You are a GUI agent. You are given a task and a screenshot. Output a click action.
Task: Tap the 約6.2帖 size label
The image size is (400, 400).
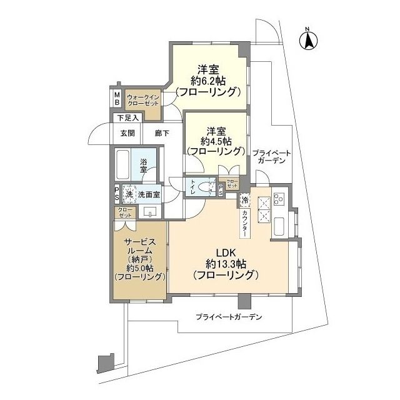[x=209, y=80]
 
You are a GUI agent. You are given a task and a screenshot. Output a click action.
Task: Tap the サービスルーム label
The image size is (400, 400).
[x=139, y=247]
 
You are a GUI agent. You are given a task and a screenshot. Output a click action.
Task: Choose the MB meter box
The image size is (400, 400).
[x=116, y=99]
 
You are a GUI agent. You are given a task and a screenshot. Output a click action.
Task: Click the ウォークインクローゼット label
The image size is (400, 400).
[x=143, y=99]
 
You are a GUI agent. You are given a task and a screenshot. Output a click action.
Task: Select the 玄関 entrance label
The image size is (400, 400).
[x=127, y=132]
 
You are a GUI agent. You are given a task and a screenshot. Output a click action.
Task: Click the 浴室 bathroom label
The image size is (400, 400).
[x=144, y=165]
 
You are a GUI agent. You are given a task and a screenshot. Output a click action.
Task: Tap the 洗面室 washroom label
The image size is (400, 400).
[x=149, y=194]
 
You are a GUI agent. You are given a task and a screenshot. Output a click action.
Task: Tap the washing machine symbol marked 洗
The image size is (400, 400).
[x=129, y=194]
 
